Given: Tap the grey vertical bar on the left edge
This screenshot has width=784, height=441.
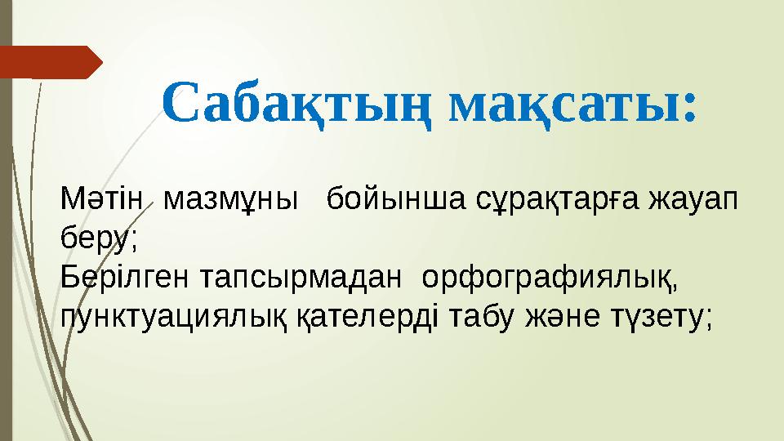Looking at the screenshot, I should click(6, 245).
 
